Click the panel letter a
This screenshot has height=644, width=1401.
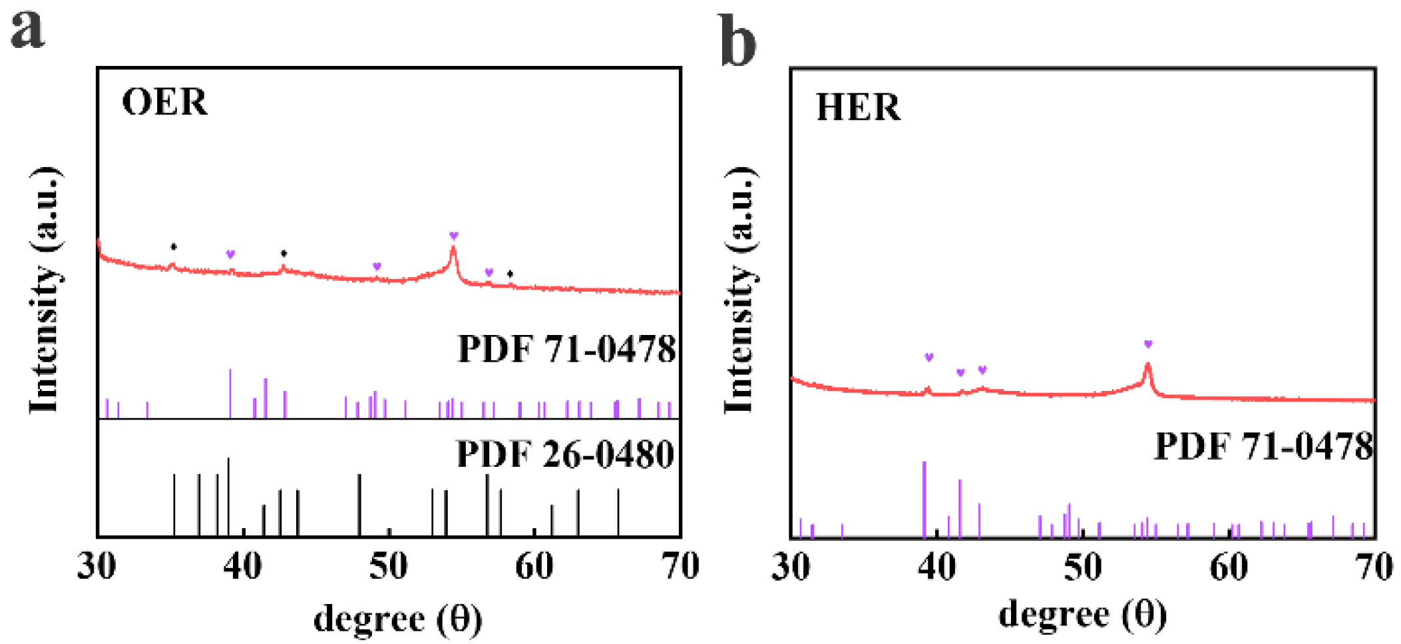coord(28,30)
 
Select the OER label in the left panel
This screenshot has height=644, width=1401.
coord(164,103)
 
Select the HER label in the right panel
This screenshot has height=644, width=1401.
coord(858,107)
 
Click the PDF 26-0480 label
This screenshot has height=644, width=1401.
coord(565,455)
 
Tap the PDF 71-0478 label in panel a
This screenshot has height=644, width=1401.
coord(566,349)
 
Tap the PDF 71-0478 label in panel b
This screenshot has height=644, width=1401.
coord(1263,446)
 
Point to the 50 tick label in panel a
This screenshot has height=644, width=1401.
coord(388,567)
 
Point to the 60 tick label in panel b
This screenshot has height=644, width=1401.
coord(1228,567)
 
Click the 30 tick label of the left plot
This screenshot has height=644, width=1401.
coord(97,567)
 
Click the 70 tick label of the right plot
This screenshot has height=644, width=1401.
coord(1374,567)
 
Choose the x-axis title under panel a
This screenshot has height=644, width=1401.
coord(397,619)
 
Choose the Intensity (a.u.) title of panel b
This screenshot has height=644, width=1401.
coord(739,290)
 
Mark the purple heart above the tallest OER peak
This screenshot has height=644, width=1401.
coord(454,236)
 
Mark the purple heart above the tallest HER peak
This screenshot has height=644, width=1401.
coord(1148,344)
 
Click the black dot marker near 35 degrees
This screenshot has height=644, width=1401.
coord(174,247)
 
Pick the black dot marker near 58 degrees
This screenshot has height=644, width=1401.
coord(510,274)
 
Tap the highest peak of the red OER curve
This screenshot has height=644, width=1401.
coord(454,250)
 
